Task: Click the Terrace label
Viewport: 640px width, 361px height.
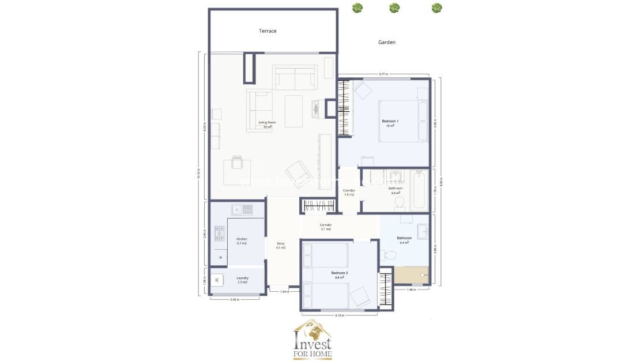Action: tap(268, 31)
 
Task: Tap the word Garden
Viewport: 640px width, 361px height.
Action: tap(386, 42)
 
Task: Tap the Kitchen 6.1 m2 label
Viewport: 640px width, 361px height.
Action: tap(242, 241)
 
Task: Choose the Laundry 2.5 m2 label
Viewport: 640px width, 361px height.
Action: tap(242, 280)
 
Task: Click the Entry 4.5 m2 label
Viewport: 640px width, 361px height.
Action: tap(281, 246)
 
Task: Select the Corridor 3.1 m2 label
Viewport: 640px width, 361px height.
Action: tap(325, 227)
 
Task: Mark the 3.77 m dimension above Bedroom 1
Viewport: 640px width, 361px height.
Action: tap(383, 74)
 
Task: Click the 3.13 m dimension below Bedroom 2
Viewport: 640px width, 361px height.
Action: tap(339, 315)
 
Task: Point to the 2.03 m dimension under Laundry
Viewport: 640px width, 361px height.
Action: tap(235, 300)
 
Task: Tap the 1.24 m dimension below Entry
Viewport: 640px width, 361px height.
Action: tap(284, 292)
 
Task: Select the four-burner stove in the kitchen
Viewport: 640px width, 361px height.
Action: tap(220, 233)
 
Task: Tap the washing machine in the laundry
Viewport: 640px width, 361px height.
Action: tap(217, 280)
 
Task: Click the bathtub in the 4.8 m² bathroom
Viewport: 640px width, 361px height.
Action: tap(420, 190)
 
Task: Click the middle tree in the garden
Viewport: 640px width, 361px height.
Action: tap(394, 8)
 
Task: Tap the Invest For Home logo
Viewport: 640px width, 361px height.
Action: tap(313, 340)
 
